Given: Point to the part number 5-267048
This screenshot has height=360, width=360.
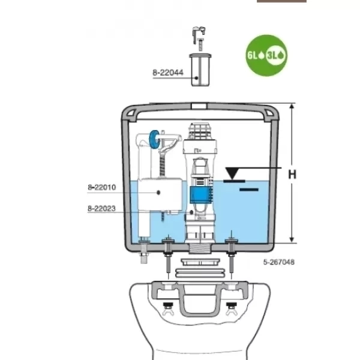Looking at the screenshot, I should tap(278, 262).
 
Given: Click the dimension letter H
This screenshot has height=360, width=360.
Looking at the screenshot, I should tap(292, 175).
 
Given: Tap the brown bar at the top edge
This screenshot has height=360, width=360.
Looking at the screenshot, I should tap(281, 1).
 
